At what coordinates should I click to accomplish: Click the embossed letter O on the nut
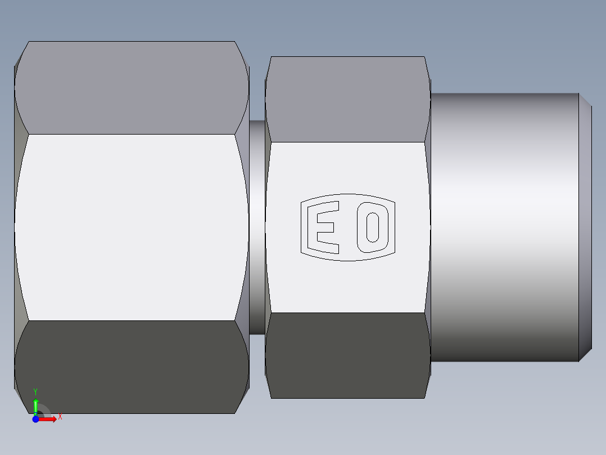tap(373, 226)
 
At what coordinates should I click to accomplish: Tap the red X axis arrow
tap(49, 419)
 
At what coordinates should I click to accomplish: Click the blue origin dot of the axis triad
tap(35, 419)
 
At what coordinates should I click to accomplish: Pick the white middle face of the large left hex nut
tap(132, 227)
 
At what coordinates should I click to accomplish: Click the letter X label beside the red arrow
tap(60, 417)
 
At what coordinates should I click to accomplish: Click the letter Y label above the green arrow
tap(35, 391)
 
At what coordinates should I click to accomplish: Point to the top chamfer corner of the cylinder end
tap(585, 100)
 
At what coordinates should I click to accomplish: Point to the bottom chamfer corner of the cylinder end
tap(585, 355)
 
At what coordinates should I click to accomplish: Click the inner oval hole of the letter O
tap(373, 226)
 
